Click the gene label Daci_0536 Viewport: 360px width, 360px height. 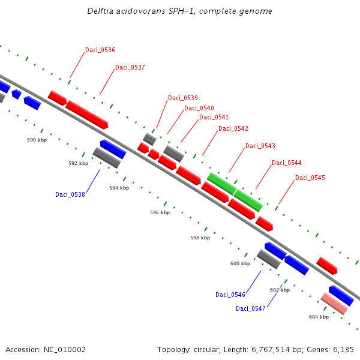[x=100, y=50]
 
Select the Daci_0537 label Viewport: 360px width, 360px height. [x=130, y=68]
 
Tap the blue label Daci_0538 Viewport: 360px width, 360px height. [x=70, y=194]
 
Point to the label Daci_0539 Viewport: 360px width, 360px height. [x=183, y=98]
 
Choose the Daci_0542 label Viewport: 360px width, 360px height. [x=233, y=129]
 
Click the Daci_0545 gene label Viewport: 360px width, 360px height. [x=310, y=178]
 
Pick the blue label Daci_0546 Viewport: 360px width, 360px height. [x=230, y=295]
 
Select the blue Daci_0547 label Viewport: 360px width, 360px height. [x=251, y=309]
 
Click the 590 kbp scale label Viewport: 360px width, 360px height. [x=37, y=140]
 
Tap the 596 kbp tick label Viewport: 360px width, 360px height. [x=160, y=212]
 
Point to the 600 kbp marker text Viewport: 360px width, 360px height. [x=240, y=263]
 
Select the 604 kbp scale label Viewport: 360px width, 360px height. [x=319, y=317]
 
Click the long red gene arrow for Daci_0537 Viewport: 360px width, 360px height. [x=86, y=115]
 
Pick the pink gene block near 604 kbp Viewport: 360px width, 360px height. [x=334, y=304]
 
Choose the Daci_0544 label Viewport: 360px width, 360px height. [x=287, y=163]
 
